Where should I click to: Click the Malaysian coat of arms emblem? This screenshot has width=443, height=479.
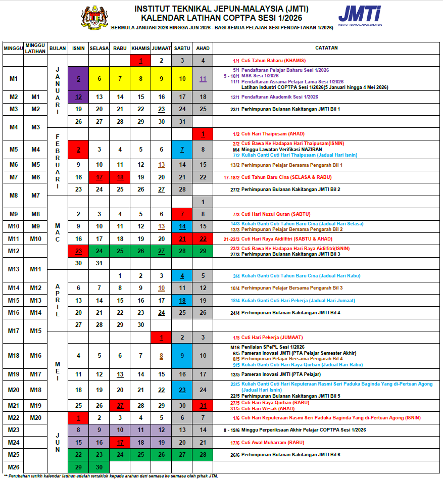pos(94,18)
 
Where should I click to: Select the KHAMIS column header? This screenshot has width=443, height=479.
pos(141,48)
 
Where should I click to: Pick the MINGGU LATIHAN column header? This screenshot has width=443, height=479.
pos(35,48)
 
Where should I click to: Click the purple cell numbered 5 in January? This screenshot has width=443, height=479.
pos(78,78)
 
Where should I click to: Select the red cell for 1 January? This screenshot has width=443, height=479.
pos(141,61)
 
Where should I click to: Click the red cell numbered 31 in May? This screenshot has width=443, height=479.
pos(203,405)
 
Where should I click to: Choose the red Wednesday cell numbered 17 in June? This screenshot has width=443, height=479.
pos(120,443)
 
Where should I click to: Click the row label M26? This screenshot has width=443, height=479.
pos(13,467)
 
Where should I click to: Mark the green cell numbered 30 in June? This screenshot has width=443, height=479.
pos(99,467)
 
